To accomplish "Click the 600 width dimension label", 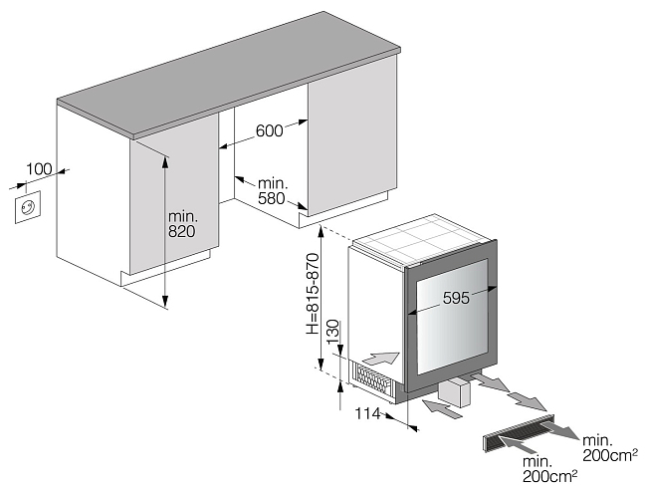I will [x=268, y=129].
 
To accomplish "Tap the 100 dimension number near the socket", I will [x=38, y=168].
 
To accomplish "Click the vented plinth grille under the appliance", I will [x=376, y=378].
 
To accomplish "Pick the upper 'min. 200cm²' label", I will [x=610, y=447].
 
